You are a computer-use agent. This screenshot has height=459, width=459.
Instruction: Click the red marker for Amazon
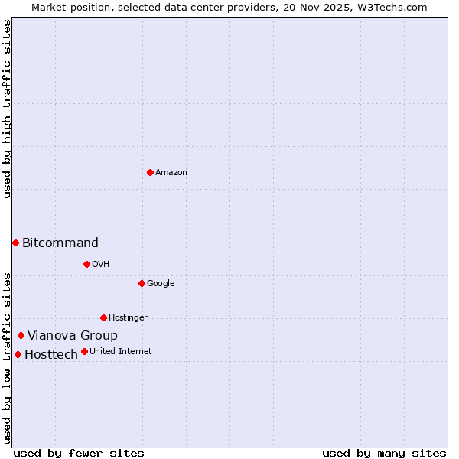click(x=150, y=172)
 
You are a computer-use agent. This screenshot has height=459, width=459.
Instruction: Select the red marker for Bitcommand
click(x=15, y=243)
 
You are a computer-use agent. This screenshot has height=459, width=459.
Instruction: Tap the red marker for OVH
click(x=86, y=264)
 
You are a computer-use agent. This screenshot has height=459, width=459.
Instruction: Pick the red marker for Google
click(x=142, y=283)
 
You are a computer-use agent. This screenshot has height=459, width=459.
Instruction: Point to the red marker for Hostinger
click(x=103, y=317)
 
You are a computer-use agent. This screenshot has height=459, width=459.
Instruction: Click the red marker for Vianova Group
click(x=21, y=335)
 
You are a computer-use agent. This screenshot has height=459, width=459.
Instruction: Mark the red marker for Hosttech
click(x=18, y=354)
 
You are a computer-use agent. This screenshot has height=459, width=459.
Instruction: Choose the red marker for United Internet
click(x=84, y=351)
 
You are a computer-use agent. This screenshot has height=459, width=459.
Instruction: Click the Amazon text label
click(x=171, y=173)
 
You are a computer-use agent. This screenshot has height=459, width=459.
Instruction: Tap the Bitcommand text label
click(x=60, y=243)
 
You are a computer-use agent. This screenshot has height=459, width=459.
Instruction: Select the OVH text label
click(x=101, y=265)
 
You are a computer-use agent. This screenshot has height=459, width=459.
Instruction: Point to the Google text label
click(x=161, y=284)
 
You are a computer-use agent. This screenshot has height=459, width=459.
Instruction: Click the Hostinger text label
click(x=128, y=318)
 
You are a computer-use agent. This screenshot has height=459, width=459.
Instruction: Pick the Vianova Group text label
click(x=73, y=336)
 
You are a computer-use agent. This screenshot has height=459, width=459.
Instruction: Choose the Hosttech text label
click(x=51, y=355)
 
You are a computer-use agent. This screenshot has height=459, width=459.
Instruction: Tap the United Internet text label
click(x=121, y=352)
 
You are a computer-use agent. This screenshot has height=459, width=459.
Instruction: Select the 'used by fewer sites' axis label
click(x=79, y=453)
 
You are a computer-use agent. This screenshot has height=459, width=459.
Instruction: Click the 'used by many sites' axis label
click(x=384, y=453)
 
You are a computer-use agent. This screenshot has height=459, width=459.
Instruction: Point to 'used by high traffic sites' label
click(x=7, y=109)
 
